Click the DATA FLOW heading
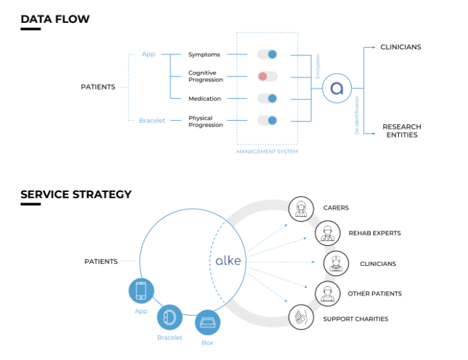click(55, 19)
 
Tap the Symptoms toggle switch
click(267, 54)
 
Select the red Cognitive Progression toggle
click(267, 76)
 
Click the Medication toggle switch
click(267, 99)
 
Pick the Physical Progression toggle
click(267, 120)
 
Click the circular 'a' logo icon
click(337, 88)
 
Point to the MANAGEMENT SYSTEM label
click(267, 152)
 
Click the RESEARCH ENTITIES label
click(401, 131)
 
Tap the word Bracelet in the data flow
click(151, 120)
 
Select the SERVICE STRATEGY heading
click(76, 194)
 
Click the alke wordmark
click(228, 261)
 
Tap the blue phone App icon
click(141, 291)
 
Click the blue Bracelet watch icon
click(170, 317)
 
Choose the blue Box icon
click(208, 322)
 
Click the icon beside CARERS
click(301, 208)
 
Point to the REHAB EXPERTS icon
click(327, 233)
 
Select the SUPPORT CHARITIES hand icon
click(301, 318)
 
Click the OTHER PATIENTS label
click(375, 294)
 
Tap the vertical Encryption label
click(318, 67)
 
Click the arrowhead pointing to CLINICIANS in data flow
click(374, 47)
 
